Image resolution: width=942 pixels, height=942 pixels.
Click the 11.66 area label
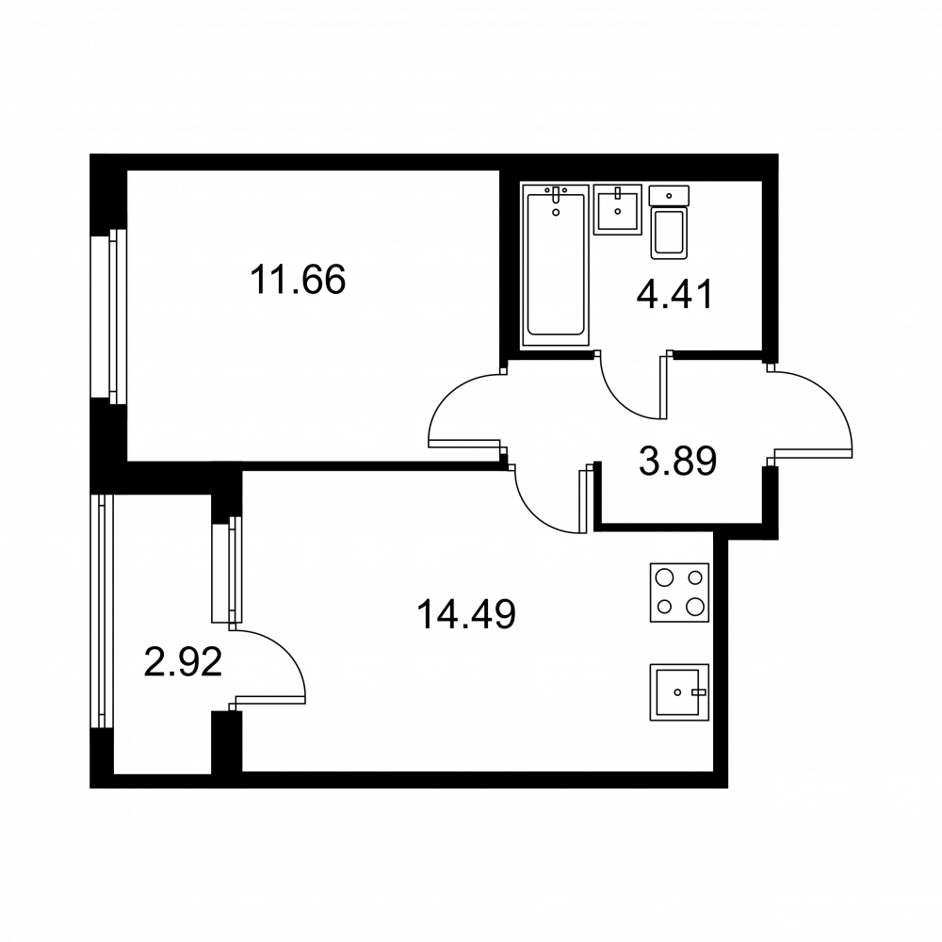[x=298, y=280]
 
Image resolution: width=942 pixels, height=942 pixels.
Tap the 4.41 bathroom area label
[x=675, y=294]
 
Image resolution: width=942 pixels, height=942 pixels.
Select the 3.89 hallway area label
[x=677, y=461]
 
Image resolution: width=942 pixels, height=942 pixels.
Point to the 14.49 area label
[x=466, y=614]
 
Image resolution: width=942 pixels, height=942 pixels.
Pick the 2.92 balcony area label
[x=184, y=661]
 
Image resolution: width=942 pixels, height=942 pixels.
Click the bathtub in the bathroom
[x=556, y=265]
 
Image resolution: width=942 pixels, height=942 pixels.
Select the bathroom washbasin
[x=618, y=209]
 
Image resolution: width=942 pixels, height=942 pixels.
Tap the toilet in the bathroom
[x=669, y=222]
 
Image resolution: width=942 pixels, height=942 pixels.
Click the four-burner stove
[x=679, y=593]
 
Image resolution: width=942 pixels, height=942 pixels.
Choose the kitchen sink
[x=679, y=692]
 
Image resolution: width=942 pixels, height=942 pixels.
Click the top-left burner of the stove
[x=664, y=578]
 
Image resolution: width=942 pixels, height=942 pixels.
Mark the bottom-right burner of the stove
[x=694, y=606]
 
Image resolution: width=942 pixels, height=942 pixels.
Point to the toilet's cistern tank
[x=669, y=195]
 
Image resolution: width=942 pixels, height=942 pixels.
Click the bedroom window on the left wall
[x=108, y=316]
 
